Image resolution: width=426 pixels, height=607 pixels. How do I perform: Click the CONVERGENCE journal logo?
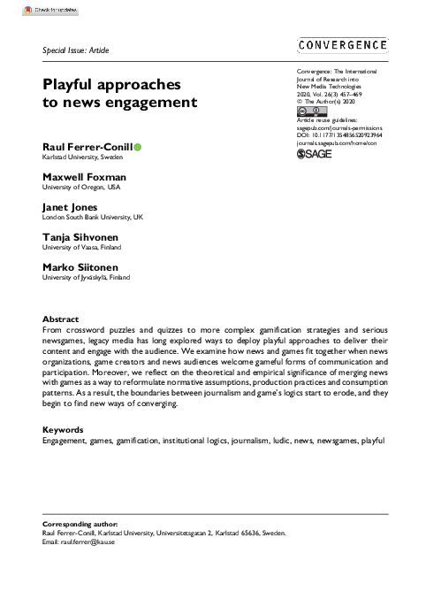(343, 46)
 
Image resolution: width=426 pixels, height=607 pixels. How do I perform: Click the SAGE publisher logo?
(314, 153)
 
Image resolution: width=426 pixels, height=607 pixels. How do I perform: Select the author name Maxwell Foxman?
(84, 176)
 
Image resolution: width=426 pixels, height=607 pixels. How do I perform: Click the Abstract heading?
(61, 319)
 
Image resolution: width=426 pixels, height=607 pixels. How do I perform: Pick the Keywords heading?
(64, 429)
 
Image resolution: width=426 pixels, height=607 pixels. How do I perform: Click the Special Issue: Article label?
(75, 51)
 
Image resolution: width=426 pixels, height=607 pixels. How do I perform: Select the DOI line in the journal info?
(341, 134)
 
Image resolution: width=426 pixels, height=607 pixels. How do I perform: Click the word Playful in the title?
(74, 85)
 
